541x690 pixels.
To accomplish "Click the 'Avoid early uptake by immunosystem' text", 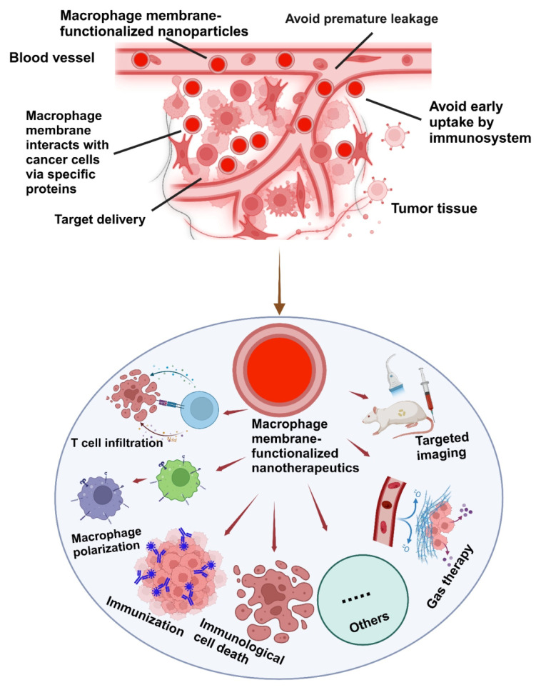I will point(480,123).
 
